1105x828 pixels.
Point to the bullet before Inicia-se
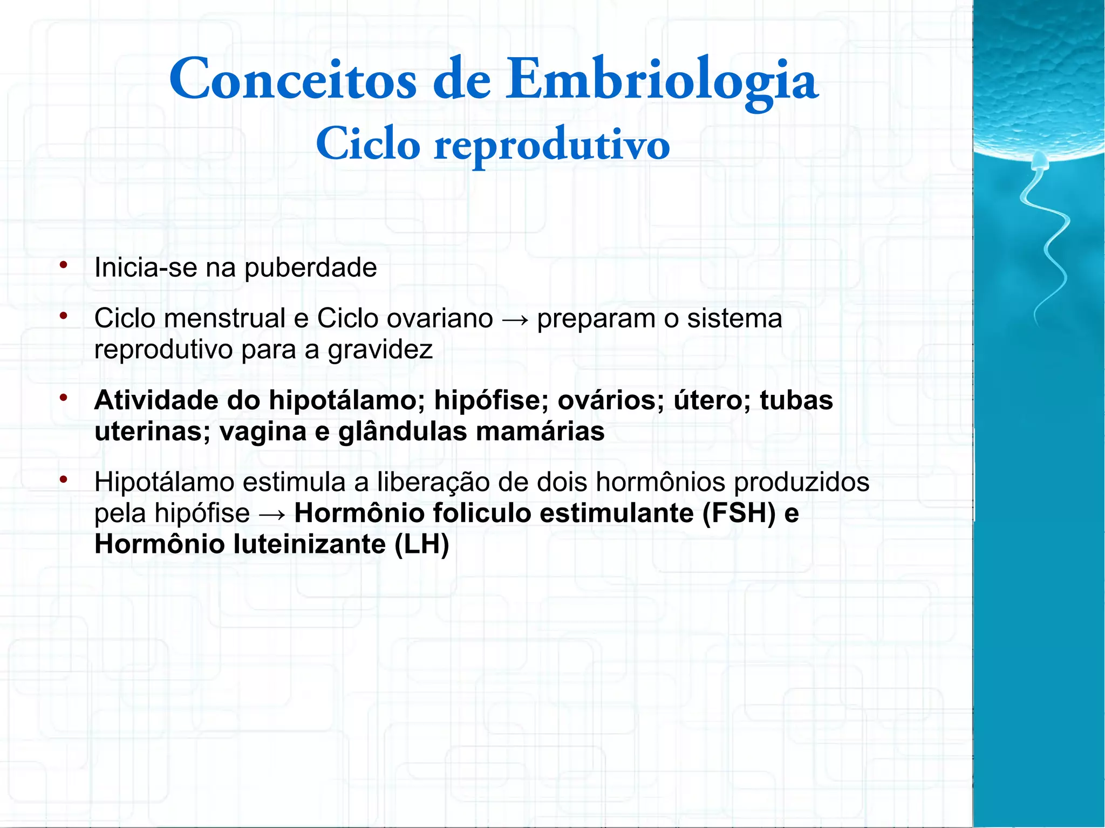coord(64,265)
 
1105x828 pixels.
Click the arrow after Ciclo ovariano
coord(515,319)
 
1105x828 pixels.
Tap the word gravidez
coord(380,350)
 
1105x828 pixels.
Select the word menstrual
coord(224,318)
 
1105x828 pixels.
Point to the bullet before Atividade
coord(64,398)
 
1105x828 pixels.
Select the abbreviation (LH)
coord(422,544)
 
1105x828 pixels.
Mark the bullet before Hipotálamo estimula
coord(64,480)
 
